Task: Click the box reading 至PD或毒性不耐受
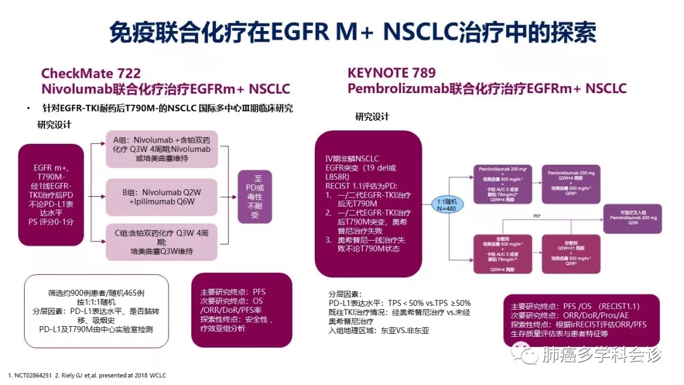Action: click(255, 197)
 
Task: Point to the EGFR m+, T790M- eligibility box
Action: click(51, 194)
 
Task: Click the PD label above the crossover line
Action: click(537, 216)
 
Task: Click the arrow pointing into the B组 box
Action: click(98, 196)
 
